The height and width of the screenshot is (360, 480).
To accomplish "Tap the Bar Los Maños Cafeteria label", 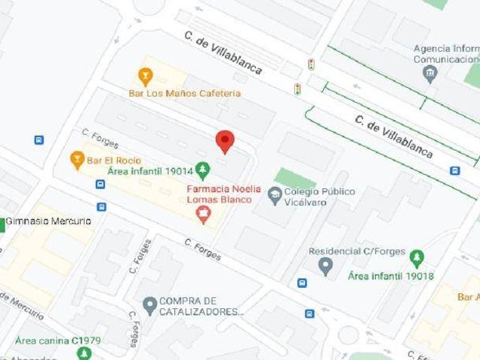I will (184, 94).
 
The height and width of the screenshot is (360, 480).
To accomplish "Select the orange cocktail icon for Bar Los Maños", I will (145, 76).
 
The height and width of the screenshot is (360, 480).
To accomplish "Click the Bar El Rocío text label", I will (114, 160).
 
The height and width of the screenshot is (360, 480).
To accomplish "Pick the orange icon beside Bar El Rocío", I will (76, 159).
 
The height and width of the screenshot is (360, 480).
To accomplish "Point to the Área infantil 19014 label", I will (150, 171).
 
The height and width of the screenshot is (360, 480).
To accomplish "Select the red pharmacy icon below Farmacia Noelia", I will (202, 216).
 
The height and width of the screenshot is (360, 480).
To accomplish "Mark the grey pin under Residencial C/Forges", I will (325, 266).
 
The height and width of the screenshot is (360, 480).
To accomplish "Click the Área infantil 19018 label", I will (391, 276).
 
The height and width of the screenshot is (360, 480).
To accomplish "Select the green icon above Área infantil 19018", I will (417, 259).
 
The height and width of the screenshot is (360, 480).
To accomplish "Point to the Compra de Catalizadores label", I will (202, 306).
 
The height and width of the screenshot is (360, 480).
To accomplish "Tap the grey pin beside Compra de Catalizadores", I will (149, 305).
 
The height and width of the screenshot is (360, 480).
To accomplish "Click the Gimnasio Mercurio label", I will (49, 221).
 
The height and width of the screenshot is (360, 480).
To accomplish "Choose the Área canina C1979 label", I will (58, 340).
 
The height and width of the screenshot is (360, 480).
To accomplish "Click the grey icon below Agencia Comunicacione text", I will (429, 73).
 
